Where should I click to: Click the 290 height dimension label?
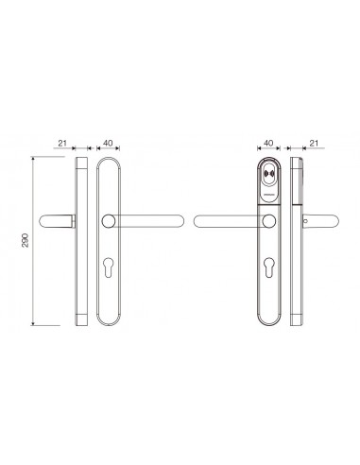[26, 240]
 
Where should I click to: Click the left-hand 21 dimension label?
[62, 144]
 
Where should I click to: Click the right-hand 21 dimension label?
[314, 144]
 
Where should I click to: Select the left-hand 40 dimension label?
[108, 143]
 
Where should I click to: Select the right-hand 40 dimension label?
[268, 143]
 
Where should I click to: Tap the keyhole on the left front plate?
[109, 267]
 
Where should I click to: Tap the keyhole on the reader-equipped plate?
[269, 267]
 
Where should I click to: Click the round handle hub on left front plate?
[109, 221]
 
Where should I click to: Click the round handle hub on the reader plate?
[268, 221]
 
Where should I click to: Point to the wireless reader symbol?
[268, 174]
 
